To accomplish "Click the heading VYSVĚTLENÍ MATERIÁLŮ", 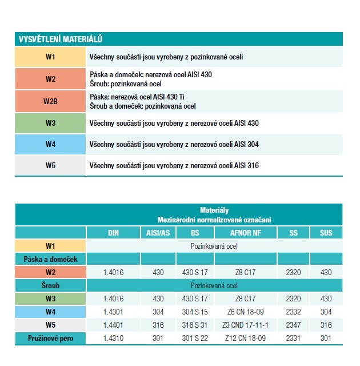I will pos(61,39).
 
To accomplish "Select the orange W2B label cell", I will pos(51,101).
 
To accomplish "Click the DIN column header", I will pos(113,233).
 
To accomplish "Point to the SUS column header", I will pos(326,233).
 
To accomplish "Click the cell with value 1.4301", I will pos(113,312).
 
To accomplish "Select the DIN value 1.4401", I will pos(113,325).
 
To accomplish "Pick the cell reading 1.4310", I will pos(113,339).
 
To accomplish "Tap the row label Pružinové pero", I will pos(51,339).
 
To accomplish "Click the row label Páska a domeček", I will pos(51,259).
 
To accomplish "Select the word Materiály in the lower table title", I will pos(214,210).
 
